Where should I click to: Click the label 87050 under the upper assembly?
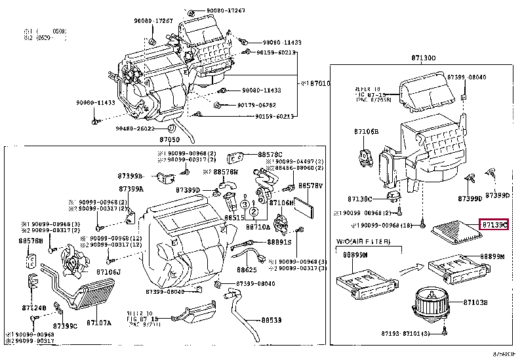tap(170, 140)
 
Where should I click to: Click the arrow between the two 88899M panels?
tap(412, 268)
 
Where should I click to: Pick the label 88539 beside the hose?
tap(271, 321)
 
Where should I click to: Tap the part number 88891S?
tap(279, 242)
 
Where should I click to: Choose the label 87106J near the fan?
tap(108, 271)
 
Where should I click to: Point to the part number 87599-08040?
tap(466, 77)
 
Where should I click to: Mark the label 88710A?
tap(258, 227)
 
